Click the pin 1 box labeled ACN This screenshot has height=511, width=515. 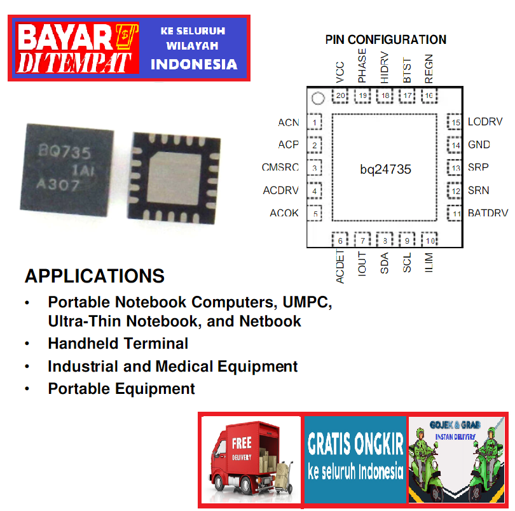tap(315, 122)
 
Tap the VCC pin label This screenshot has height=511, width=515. tap(340, 73)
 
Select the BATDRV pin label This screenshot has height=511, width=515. tap(488, 213)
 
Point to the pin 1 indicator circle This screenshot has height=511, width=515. tap(319, 99)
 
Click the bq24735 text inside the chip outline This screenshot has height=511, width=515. tap(385, 169)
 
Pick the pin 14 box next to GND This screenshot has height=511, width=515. tap(455, 145)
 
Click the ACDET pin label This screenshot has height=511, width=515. tap(340, 268)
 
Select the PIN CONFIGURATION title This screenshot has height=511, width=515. tap(385, 39)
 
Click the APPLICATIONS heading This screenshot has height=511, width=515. tap(94, 277)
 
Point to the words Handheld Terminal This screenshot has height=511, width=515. tap(118, 344)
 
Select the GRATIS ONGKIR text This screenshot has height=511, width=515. tap(355, 444)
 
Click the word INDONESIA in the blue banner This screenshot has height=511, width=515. tap(194, 64)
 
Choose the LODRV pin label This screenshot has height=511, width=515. tap(485, 122)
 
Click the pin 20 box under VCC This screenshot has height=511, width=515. tap(341, 96)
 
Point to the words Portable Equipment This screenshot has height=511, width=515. tap(121, 389)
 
